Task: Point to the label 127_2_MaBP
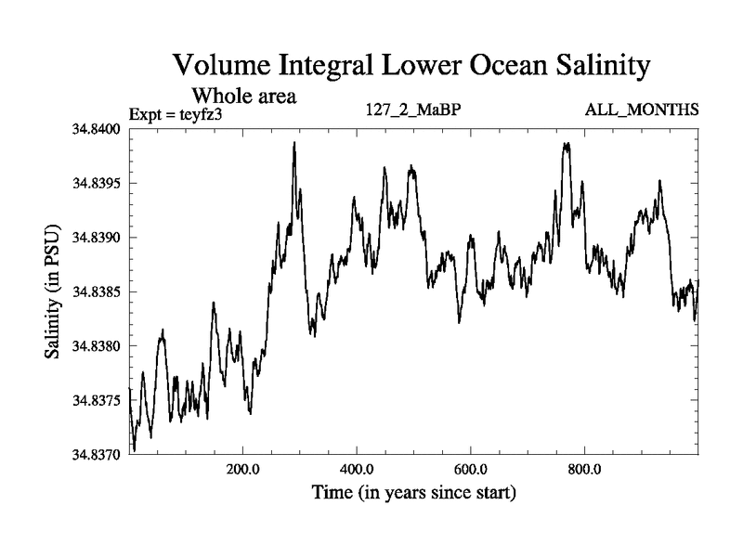414,110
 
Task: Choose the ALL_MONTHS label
642,110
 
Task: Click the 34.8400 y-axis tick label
97,129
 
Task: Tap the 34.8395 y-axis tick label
97,183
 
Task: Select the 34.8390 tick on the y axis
97,238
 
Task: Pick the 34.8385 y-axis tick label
97,292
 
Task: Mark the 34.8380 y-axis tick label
97,346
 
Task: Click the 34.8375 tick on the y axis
97,401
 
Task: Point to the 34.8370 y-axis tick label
97,455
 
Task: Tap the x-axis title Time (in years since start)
413,491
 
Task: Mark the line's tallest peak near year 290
294,143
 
